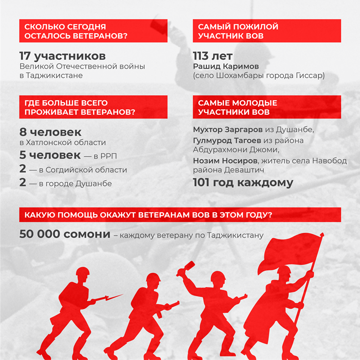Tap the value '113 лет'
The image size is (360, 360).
[x=212, y=56]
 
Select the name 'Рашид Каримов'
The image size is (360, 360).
[x=225, y=66]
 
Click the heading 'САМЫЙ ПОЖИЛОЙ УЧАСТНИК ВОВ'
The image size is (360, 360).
[x=238, y=31]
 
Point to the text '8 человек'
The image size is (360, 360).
[x=51, y=132]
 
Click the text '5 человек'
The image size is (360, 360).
[x=50, y=155]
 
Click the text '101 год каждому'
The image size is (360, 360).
[x=243, y=182]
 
